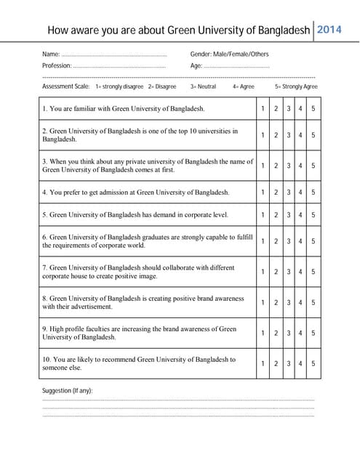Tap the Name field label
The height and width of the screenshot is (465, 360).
tap(51, 54)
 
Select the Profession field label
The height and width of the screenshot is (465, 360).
tap(57, 66)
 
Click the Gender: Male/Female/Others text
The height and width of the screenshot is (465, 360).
tap(229, 54)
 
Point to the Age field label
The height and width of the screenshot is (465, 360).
tap(196, 66)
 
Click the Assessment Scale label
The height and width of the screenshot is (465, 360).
tap(66, 86)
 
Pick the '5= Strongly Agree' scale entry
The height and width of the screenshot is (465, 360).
tap(296, 86)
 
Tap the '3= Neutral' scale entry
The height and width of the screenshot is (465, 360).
tap(203, 86)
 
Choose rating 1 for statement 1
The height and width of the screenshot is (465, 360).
tap(263, 109)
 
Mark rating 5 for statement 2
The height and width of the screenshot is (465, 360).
tap(313, 135)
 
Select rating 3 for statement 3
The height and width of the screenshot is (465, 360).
tap(289, 166)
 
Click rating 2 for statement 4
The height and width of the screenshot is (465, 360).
tap(276, 193)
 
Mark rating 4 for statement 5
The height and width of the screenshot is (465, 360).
tap(300, 215)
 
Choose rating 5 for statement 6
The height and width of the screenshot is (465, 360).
tap(313, 241)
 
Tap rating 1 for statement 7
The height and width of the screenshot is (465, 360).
tap(263, 272)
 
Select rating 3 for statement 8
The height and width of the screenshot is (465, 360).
tap(289, 302)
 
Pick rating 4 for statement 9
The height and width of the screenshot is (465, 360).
tap(300, 333)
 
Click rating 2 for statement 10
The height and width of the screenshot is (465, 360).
tap(276, 363)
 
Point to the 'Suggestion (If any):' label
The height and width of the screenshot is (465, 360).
tap(68, 391)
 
